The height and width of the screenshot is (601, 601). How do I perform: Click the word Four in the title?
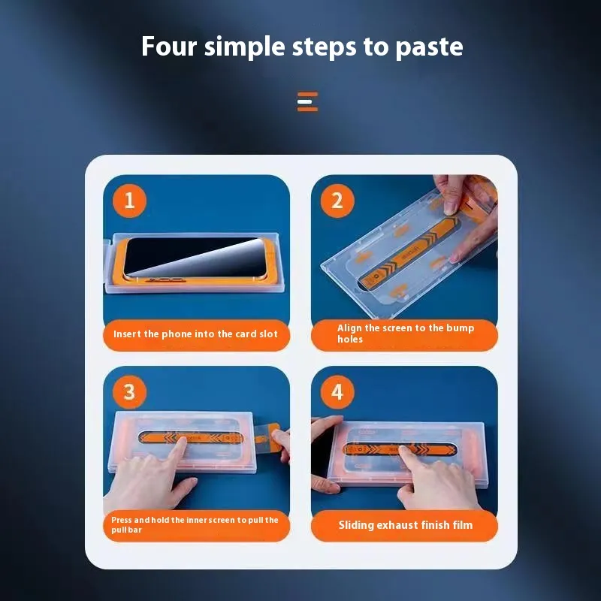(169, 46)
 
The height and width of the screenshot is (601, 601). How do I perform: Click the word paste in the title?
(429, 47)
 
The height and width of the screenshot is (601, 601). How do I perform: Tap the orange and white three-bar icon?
(307, 101)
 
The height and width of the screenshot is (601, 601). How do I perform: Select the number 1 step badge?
(129, 201)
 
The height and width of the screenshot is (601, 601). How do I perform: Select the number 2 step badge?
(337, 201)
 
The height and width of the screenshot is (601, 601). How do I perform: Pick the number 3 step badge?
(129, 391)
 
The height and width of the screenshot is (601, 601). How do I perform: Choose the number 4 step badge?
(337, 391)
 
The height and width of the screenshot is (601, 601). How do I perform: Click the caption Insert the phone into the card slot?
(195, 334)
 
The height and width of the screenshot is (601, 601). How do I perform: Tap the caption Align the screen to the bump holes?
(406, 333)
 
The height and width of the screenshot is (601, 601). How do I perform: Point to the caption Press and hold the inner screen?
(195, 524)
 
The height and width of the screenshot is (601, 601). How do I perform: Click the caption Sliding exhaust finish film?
(406, 524)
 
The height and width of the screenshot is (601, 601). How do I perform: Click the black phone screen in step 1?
(195, 257)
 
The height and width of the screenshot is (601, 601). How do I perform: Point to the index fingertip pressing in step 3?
(181, 442)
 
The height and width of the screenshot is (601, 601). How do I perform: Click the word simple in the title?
(245, 47)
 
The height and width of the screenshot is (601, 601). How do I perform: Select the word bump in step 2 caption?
(460, 328)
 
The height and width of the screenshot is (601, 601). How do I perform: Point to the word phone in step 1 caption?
(177, 334)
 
